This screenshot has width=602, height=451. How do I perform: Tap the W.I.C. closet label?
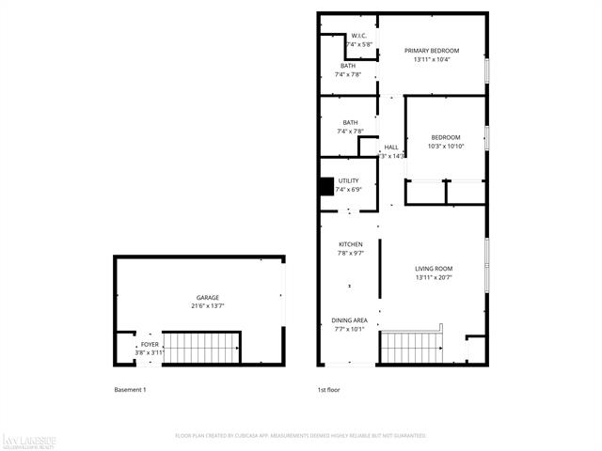358,36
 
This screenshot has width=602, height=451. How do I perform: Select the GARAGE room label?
208,298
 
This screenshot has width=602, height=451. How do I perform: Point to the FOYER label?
150,345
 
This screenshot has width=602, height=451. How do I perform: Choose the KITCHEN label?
350,244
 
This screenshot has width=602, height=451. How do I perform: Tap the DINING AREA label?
350,320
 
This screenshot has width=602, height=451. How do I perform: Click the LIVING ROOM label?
434,269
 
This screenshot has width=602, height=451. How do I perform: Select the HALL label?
391,148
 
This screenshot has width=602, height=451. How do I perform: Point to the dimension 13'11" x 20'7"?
434,277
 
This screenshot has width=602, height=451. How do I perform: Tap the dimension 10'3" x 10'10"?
447,147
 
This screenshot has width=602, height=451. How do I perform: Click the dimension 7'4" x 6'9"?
349,189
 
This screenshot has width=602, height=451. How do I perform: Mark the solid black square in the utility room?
327,187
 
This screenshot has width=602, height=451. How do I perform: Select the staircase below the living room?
411,348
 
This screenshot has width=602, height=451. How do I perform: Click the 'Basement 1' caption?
130,389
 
